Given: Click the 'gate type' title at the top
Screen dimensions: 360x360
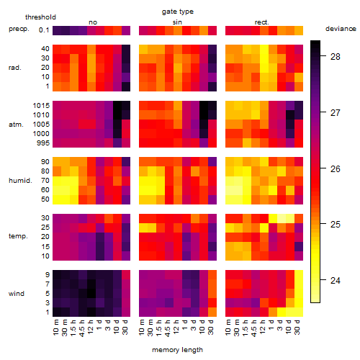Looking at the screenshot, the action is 178,12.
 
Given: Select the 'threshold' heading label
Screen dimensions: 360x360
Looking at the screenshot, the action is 40,17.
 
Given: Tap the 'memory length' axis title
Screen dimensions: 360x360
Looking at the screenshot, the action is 177,350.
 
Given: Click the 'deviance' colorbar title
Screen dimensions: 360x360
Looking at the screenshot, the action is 341,29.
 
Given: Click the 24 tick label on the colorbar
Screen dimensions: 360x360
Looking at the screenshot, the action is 336,280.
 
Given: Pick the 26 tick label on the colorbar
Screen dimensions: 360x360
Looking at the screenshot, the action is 336,169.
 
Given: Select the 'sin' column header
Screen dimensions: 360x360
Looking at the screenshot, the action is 177,22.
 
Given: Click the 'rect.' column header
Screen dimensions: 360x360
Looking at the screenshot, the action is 262,22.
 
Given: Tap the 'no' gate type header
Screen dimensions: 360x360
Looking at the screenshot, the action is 93,22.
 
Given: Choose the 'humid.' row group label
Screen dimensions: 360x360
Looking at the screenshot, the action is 20,181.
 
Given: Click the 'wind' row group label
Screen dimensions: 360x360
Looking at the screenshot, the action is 17,294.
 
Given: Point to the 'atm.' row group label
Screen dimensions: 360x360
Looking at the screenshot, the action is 16,125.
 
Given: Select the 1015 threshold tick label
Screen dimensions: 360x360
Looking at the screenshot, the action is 41,106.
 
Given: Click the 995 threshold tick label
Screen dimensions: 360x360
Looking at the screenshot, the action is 43,143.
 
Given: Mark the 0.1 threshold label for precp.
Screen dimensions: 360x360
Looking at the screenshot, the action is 44,30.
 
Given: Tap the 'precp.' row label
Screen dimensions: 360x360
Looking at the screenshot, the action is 19,29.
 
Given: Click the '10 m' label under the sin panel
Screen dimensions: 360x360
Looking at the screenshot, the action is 143,327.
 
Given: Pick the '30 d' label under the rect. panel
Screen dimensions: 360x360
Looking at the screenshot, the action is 297,327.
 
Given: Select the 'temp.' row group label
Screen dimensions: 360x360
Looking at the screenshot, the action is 18,236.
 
